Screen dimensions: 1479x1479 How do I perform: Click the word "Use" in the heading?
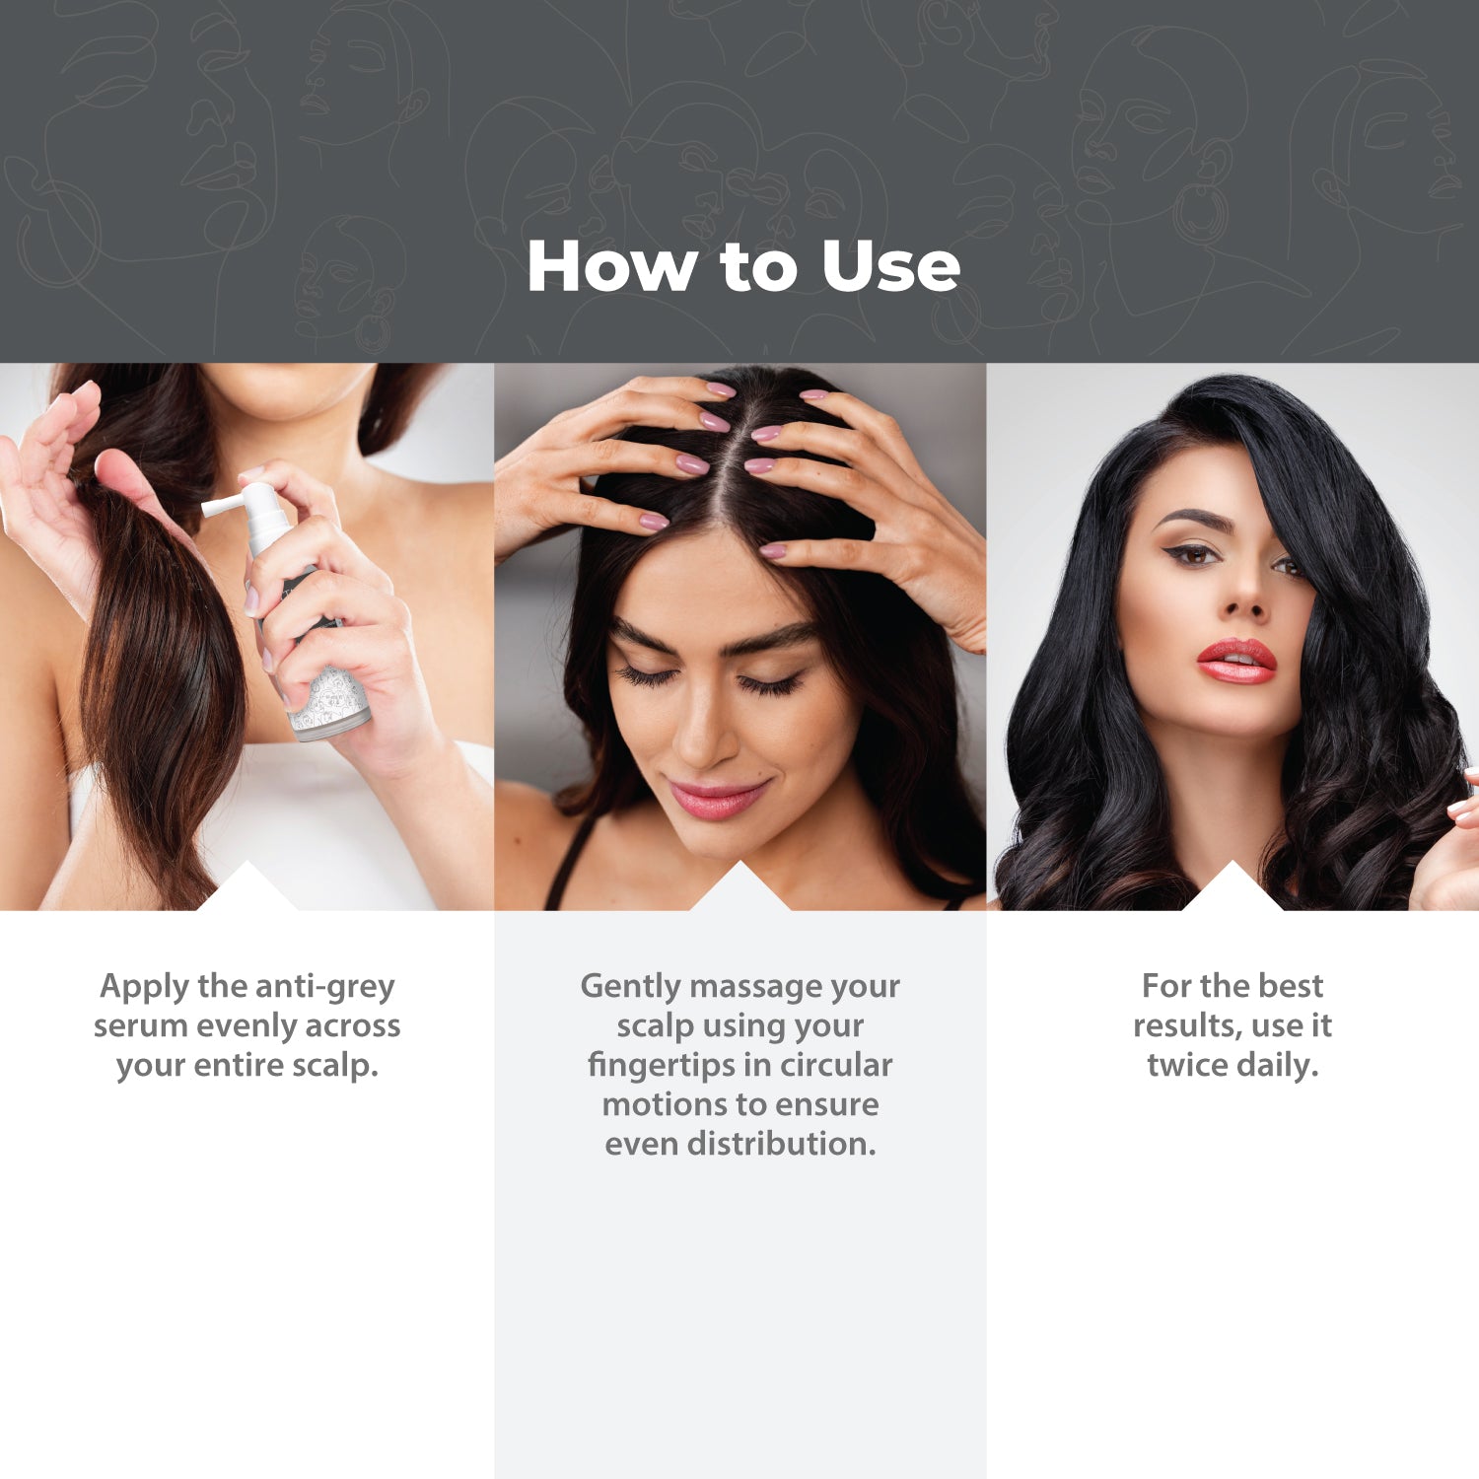tap(890, 266)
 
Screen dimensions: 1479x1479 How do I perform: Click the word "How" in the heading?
tap(611, 266)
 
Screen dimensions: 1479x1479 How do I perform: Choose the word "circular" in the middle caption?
tap(836, 1065)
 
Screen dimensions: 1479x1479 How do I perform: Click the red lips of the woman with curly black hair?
tap(1236, 660)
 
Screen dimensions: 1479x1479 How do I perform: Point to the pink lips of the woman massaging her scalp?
tap(717, 798)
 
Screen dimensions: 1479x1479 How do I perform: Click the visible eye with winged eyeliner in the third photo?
tap(1194, 554)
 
